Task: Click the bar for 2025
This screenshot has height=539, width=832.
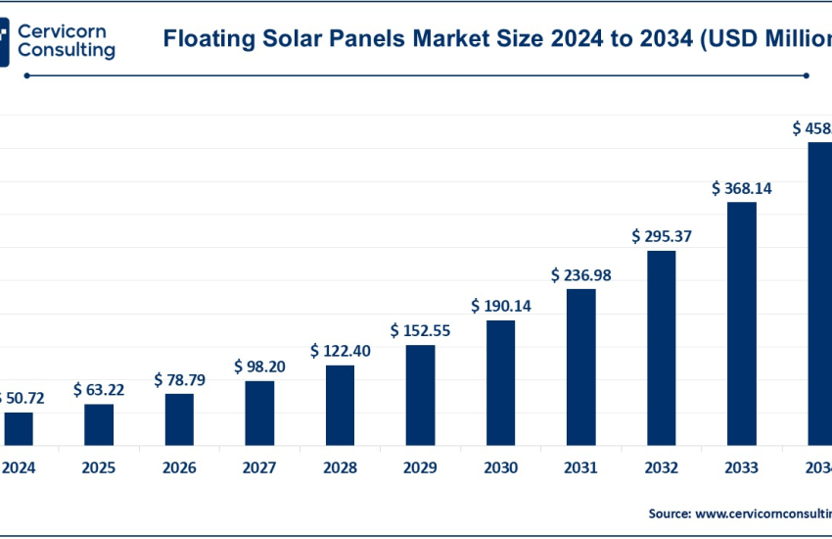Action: tap(99, 424)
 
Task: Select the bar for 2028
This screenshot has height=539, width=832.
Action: tap(340, 405)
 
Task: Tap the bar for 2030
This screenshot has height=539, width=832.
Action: tap(500, 382)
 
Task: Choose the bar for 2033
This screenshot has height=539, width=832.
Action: tap(742, 323)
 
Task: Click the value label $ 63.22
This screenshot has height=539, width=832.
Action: tap(99, 389)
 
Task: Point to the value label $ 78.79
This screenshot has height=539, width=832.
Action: tap(179, 379)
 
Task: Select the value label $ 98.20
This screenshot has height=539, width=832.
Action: tap(259, 366)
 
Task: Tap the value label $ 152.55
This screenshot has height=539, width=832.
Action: tap(420, 330)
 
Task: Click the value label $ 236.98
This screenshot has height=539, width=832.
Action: tap(581, 275)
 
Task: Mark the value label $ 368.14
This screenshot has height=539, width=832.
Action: tap(742, 187)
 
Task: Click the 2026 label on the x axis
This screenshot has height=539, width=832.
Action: tap(179, 467)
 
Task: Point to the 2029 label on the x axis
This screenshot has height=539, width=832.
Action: tap(420, 467)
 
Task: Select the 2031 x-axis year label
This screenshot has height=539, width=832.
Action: tap(581, 467)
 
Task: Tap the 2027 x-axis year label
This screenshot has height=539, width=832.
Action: tap(259, 467)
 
